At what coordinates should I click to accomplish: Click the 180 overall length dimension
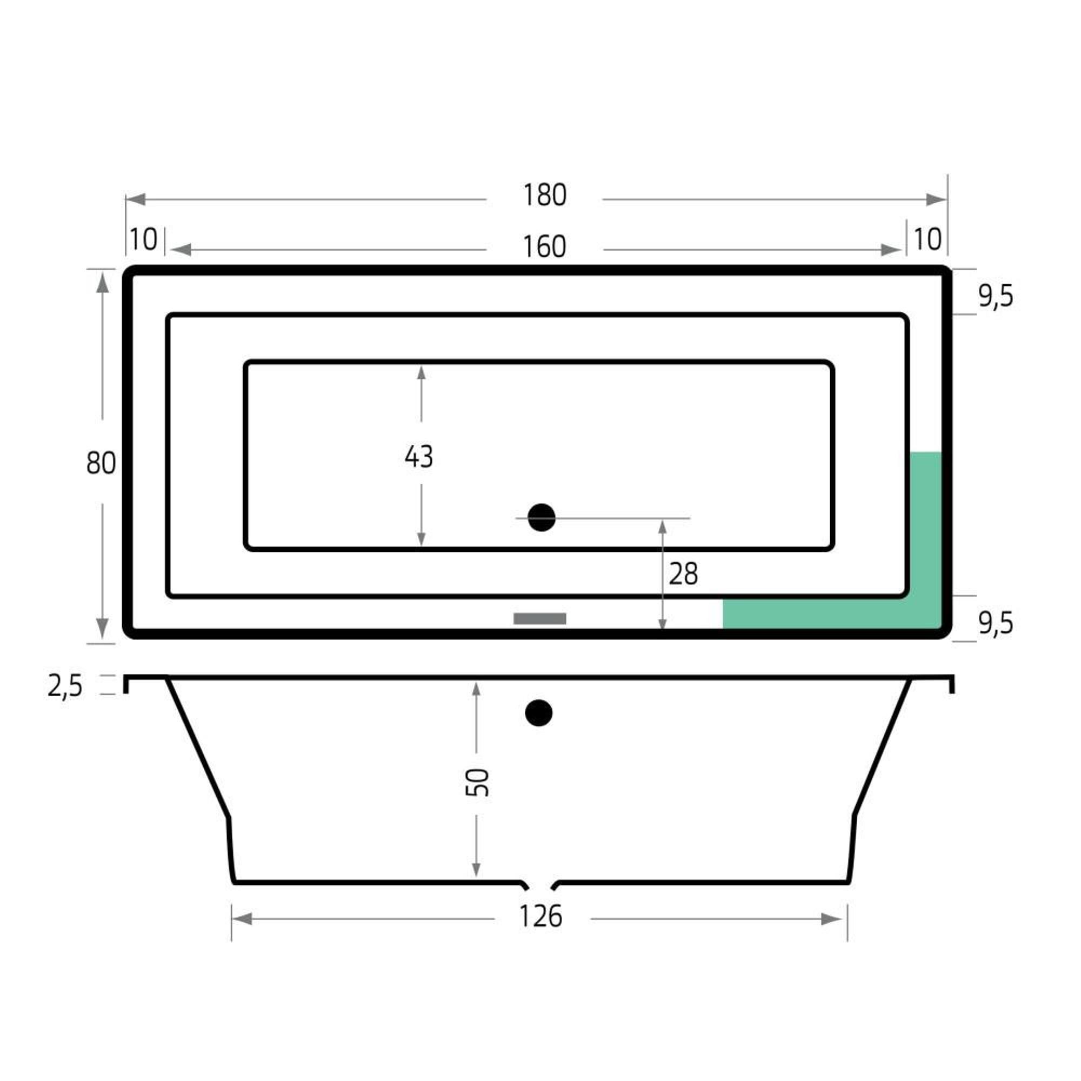pyautogui.click(x=544, y=195)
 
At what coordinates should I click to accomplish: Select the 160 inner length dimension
pyautogui.click(x=544, y=247)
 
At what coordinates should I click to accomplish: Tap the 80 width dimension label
pyautogui.click(x=101, y=463)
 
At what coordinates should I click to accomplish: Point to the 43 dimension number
pyautogui.click(x=418, y=457)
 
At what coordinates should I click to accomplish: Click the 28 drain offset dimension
pyautogui.click(x=683, y=574)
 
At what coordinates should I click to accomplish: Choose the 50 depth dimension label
pyautogui.click(x=477, y=782)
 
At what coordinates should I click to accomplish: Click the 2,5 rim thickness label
pyautogui.click(x=65, y=686)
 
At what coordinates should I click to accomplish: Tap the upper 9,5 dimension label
pyautogui.click(x=996, y=296)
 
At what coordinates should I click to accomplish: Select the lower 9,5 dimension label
pyautogui.click(x=996, y=623)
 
